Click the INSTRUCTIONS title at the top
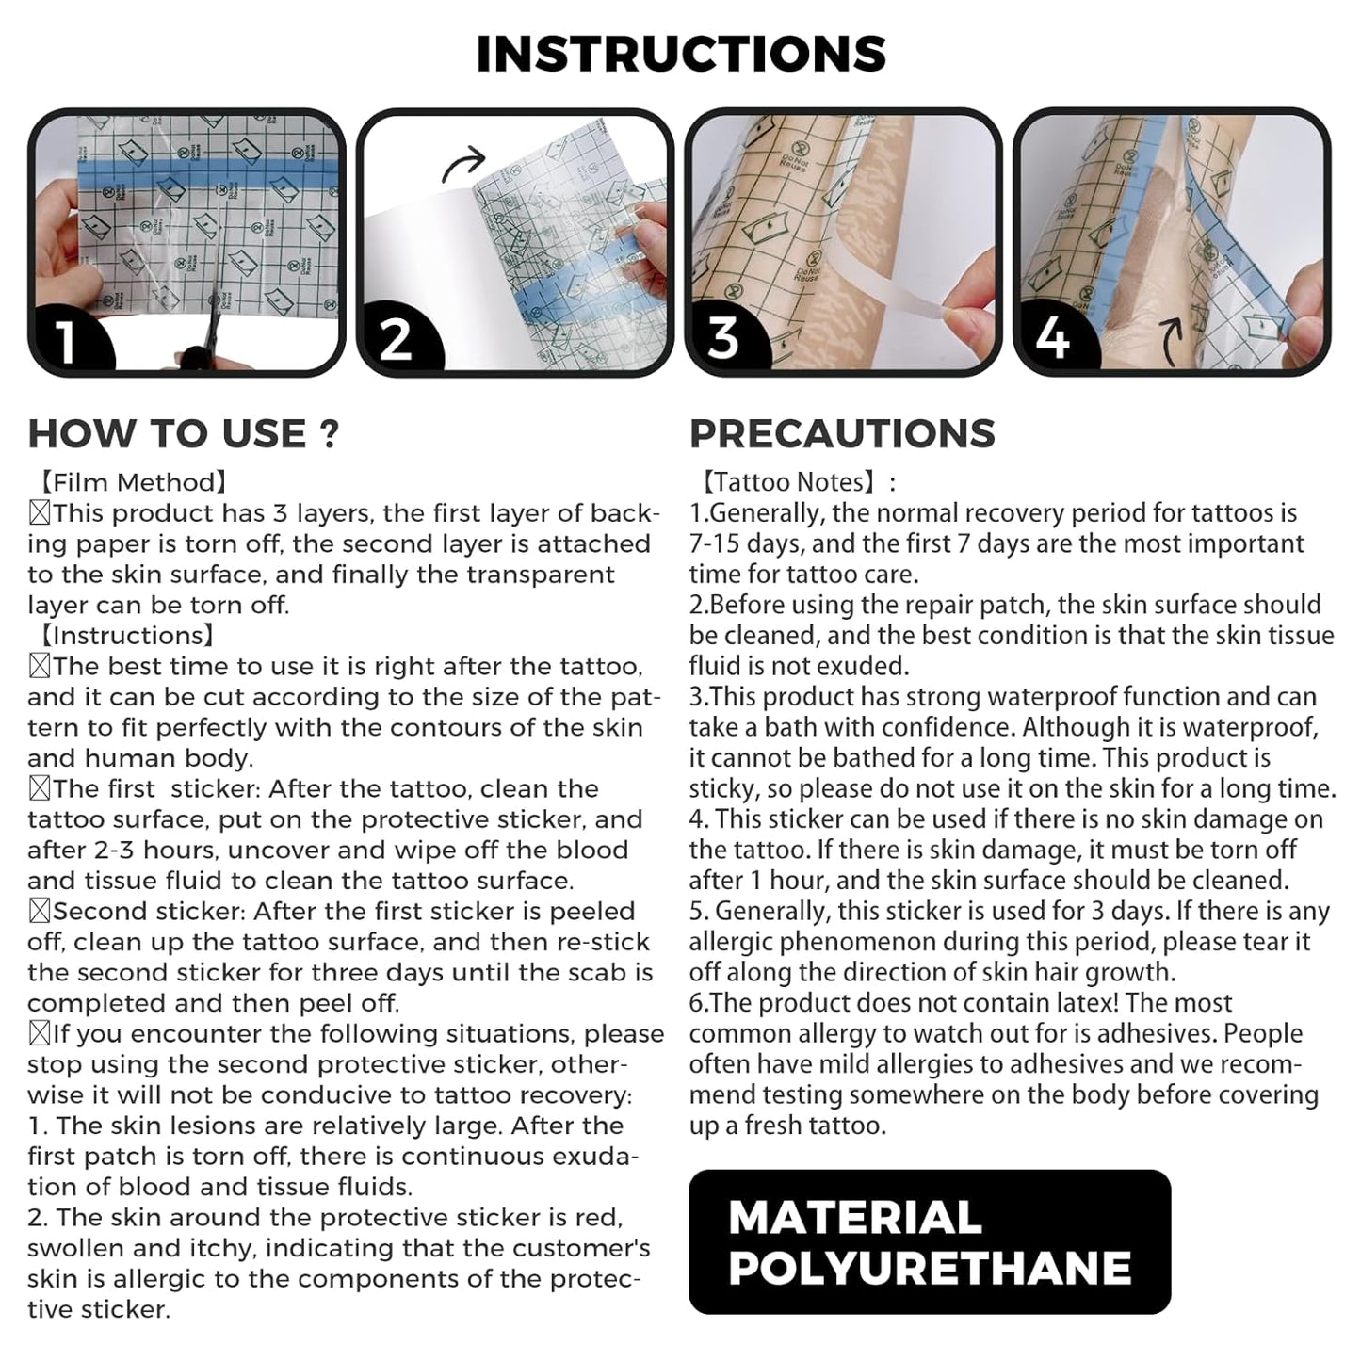680,54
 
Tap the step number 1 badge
66,338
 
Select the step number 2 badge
396,338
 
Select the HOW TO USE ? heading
184,433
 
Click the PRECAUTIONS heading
842,433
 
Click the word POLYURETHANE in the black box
930,1268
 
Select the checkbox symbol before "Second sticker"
40,912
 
